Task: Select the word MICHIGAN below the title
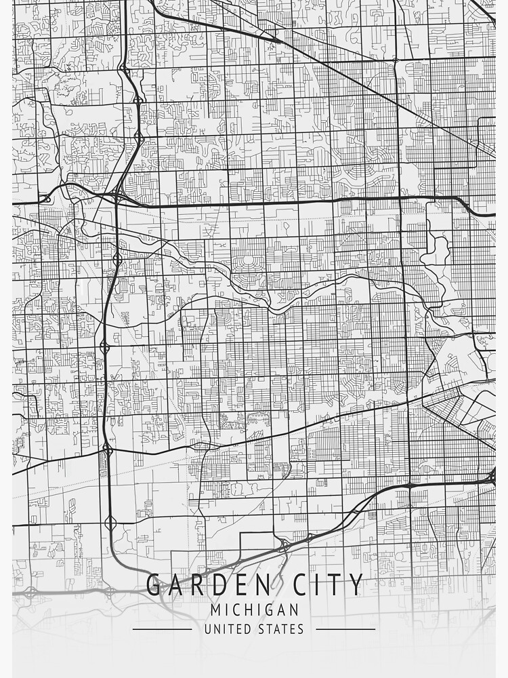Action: tap(254, 610)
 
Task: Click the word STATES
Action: tap(280, 629)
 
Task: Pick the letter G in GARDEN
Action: tap(154, 584)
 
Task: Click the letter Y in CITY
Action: tap(356, 584)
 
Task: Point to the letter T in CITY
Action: tap(337, 584)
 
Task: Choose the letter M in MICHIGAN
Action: tap(215, 610)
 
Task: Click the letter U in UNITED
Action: tap(208, 629)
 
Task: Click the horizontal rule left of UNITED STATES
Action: tap(162, 629)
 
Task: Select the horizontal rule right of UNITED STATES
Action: tap(345, 629)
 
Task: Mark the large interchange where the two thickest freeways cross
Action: tap(118, 197)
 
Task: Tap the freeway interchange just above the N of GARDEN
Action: tap(283, 543)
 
